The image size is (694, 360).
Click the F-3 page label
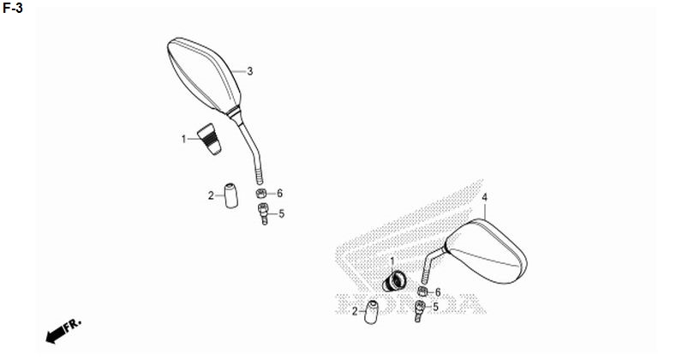(12, 8)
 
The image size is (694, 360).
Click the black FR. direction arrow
(55, 335)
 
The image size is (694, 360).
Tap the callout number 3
(249, 71)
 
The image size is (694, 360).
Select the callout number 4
(485, 197)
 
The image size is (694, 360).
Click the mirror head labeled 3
(204, 75)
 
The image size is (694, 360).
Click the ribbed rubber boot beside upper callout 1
(209, 140)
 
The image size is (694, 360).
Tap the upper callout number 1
(183, 139)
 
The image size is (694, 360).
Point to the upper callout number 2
(211, 195)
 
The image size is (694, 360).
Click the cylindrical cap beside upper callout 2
(230, 195)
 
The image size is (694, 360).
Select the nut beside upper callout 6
(261, 193)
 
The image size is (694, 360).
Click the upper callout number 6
(279, 193)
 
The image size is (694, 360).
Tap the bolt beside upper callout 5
(263, 213)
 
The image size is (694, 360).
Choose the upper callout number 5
(282, 214)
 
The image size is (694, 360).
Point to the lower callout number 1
(392, 261)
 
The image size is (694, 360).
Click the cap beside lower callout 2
(371, 312)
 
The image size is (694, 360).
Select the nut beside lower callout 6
(423, 291)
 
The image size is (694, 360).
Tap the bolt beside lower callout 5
(419, 311)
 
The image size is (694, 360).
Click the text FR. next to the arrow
(73, 325)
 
